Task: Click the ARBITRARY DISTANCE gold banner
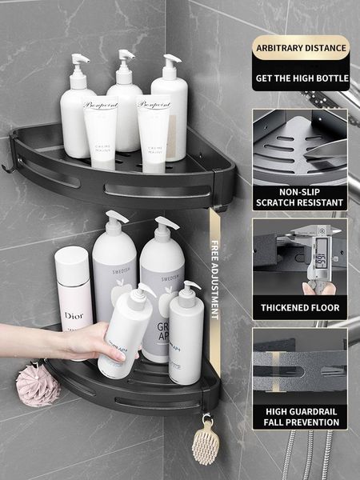coord(301,48)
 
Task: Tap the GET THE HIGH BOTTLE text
coord(301,78)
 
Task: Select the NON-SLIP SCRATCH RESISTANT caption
coord(301,198)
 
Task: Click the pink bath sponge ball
coord(38,385)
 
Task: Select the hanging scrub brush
coord(206,439)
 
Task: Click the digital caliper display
coord(320,259)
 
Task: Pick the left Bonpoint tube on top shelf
coord(101,132)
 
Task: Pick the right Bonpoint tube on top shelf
coord(153,132)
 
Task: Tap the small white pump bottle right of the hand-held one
coord(186,336)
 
